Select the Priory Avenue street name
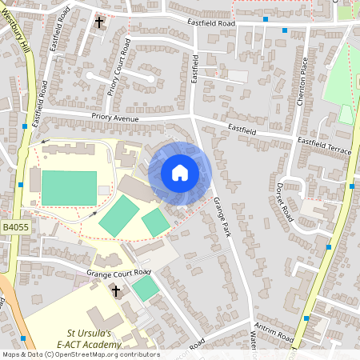click(114, 118)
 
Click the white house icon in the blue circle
click(180, 173)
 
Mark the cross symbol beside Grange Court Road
click(115, 291)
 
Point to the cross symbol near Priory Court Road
click(99, 22)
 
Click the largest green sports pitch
click(68, 187)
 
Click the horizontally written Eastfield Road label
click(212, 25)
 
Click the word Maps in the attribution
click(12, 354)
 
